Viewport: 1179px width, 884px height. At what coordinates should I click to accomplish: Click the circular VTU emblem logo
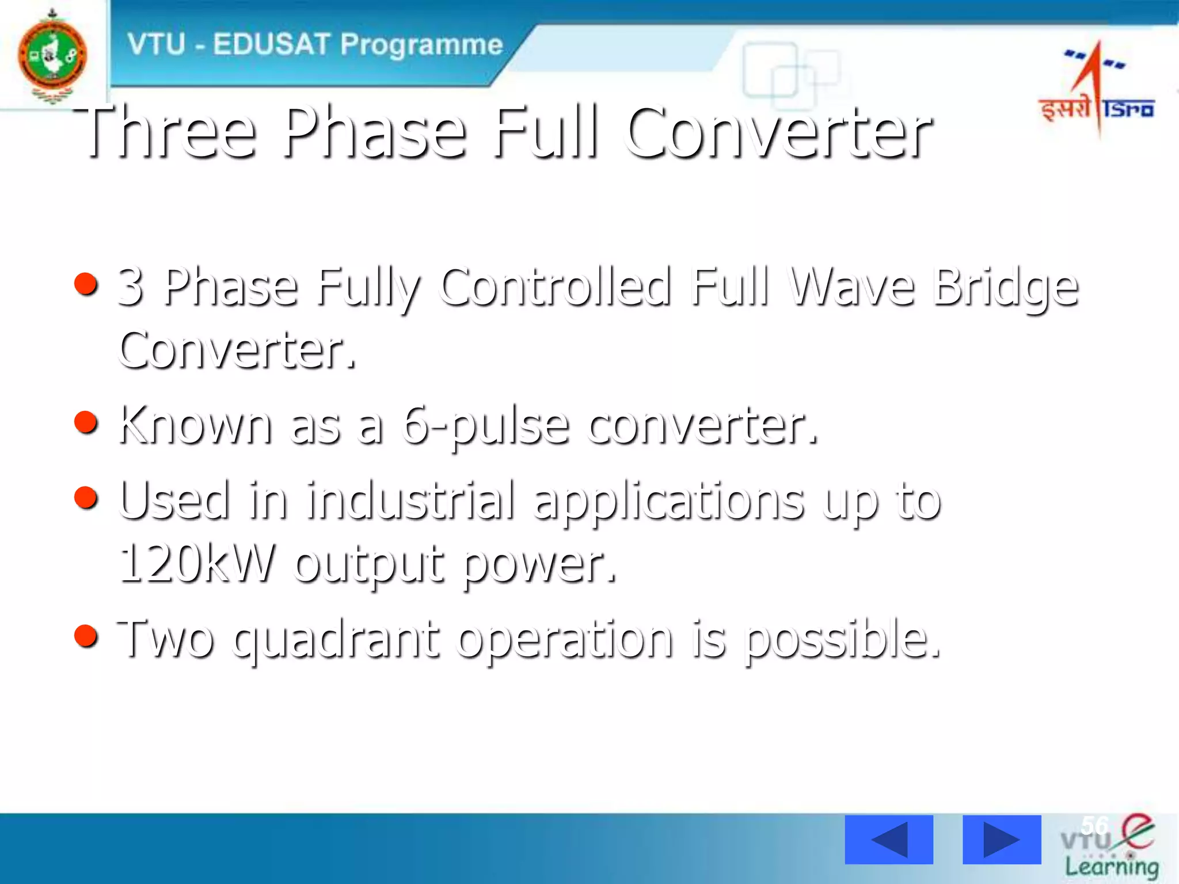click(52, 56)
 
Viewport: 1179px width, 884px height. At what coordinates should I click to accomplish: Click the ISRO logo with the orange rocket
click(1096, 89)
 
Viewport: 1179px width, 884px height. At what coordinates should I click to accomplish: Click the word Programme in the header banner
click(421, 45)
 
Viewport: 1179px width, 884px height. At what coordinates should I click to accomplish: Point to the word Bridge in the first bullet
click(1005, 288)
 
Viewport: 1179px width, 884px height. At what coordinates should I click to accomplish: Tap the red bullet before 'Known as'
click(86, 422)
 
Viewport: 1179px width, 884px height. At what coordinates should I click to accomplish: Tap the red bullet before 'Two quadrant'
click(86, 635)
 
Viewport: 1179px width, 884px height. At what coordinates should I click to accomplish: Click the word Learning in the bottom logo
click(1111, 866)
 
